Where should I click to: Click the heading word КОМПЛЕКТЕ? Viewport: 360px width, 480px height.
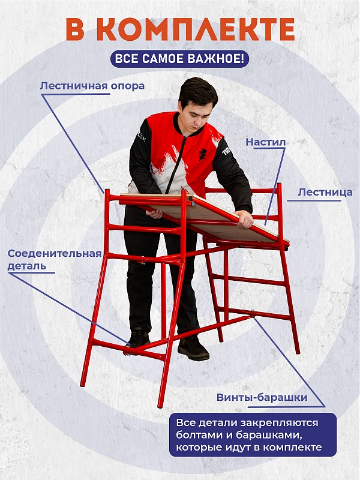pos(196,29)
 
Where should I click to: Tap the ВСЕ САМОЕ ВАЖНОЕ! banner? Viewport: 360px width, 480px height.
pos(179,59)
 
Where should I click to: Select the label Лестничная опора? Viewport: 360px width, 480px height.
pos(92,86)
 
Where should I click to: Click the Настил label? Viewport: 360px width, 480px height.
pos(266,142)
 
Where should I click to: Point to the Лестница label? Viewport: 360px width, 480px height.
pos(325,192)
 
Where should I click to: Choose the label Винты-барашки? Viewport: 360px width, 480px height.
pos(262,397)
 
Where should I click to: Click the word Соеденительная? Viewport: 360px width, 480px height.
pos(55,253)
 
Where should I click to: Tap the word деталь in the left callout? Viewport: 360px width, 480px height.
pos(27,266)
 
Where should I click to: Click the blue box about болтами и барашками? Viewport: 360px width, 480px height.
pos(253,434)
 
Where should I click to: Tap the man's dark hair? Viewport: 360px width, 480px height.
pos(198,91)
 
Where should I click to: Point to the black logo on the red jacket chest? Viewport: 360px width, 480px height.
pos(203,154)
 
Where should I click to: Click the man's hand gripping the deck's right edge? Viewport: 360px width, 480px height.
pos(244,218)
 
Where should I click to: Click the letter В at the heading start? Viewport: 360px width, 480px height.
pos(76,29)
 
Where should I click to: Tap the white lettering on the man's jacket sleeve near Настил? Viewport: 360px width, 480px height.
pos(227,151)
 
